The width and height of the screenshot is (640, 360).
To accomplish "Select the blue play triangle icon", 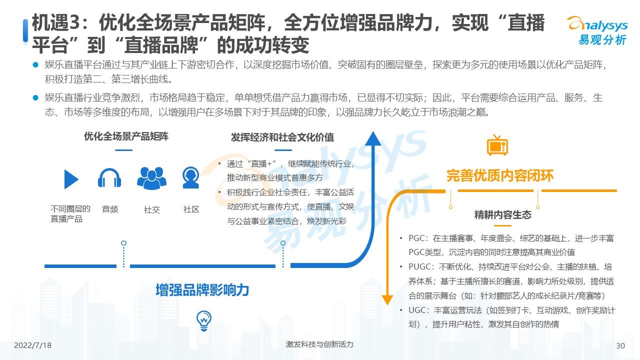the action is [x=71, y=179].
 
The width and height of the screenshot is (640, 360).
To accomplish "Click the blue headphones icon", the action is [x=109, y=177].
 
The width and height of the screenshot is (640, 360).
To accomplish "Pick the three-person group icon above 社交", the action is [x=151, y=178].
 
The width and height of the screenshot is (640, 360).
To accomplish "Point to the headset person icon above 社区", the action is [x=191, y=177].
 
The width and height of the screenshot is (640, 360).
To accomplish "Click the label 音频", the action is [x=110, y=209].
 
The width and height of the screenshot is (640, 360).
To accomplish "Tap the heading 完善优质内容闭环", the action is [x=500, y=175].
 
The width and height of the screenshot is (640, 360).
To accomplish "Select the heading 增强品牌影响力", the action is [x=202, y=290].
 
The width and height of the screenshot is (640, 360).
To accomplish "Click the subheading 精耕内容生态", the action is [x=503, y=214].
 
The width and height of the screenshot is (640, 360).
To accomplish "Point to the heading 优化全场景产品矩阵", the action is [x=126, y=136].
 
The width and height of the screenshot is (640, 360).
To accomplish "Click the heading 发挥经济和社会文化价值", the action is [x=282, y=137].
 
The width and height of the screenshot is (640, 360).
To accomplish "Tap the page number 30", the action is [x=620, y=345].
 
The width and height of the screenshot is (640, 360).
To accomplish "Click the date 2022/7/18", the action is [x=32, y=345].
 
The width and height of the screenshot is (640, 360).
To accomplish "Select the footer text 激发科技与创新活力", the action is [x=319, y=344].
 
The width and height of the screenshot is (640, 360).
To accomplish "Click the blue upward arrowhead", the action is [x=373, y=138].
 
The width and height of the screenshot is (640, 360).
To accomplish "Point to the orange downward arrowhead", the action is [x=387, y=300].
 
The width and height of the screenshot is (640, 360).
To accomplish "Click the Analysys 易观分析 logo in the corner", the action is [x=597, y=30].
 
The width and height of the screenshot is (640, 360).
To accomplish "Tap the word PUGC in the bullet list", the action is [x=419, y=267].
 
